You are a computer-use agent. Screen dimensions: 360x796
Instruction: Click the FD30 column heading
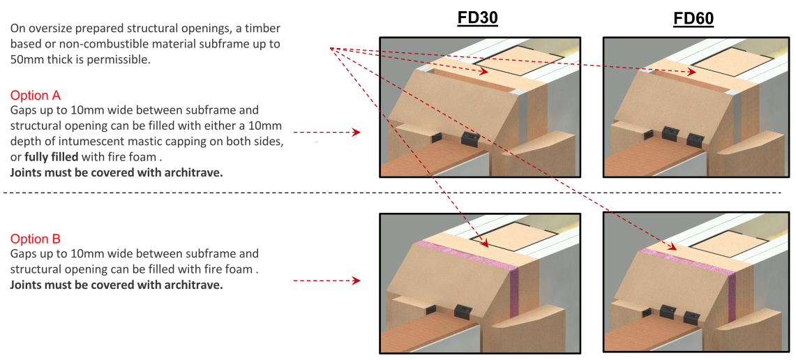pos(477,18)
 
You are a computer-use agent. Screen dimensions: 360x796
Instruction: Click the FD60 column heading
pos(693,18)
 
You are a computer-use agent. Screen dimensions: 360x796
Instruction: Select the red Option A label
pos(40,96)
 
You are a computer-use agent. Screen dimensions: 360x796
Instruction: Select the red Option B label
pos(40,239)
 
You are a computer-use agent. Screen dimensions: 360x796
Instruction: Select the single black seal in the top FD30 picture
pos(468,138)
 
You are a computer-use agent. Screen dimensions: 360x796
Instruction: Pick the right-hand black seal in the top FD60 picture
pos(694,138)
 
